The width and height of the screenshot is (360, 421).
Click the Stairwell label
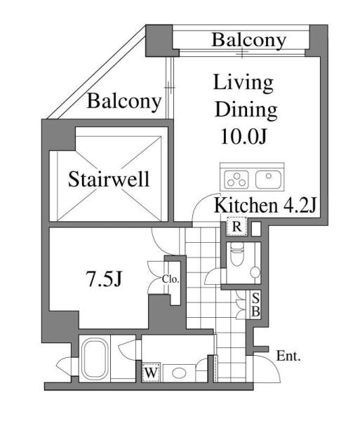(x=109, y=179)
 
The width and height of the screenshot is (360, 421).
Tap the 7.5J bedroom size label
(x=104, y=279)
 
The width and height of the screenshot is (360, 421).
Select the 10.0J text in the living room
(x=244, y=136)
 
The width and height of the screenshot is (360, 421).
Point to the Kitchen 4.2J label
(x=265, y=206)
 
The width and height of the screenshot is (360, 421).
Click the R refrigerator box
(x=236, y=227)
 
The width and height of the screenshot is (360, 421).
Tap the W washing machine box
(x=152, y=373)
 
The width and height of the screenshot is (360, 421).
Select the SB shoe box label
(x=255, y=305)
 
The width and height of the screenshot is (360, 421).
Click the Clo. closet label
(x=171, y=279)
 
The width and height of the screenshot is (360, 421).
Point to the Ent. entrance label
(x=288, y=356)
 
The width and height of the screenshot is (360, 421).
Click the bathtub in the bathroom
(x=95, y=359)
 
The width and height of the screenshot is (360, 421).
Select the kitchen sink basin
(x=268, y=180)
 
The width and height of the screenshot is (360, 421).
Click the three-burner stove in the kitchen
(x=236, y=180)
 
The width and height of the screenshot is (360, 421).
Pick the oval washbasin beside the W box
(x=180, y=373)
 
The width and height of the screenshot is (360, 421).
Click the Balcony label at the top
(x=249, y=40)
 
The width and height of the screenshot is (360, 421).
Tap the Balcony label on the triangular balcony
(x=124, y=101)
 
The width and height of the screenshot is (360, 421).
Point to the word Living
(x=244, y=83)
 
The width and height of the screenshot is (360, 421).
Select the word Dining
(x=246, y=110)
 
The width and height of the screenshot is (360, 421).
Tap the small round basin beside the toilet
(x=255, y=272)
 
